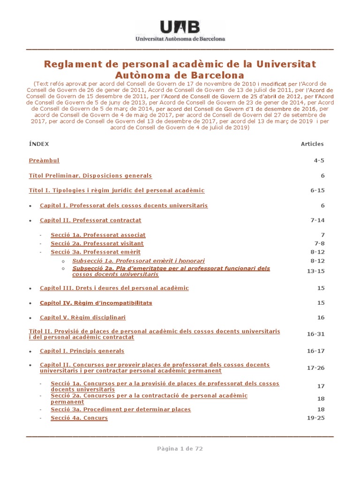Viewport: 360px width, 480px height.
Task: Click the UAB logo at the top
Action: click(180, 31)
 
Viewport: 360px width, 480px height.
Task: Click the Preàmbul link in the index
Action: click(44, 161)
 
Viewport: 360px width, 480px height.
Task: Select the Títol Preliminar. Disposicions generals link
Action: click(90, 176)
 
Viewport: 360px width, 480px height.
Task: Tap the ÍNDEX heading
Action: click(39, 144)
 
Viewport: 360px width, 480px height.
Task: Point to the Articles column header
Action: click(312, 144)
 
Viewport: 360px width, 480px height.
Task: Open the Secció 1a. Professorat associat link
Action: click(98, 235)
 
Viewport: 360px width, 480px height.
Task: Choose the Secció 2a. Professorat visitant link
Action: click(97, 244)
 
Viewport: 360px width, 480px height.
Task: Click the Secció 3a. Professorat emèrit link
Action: click(96, 252)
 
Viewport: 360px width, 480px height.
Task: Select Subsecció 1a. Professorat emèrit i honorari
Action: click(138, 261)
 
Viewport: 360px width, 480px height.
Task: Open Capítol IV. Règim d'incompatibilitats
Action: click(96, 303)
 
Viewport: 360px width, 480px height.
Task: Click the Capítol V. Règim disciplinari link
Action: click(82, 318)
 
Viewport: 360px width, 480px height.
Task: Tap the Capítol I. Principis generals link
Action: click(82, 351)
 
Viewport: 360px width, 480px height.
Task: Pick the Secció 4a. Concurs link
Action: click(79, 418)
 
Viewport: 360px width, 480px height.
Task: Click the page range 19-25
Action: click(315, 418)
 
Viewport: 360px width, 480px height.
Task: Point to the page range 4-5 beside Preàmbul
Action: click(319, 161)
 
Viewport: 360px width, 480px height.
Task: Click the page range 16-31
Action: click(315, 334)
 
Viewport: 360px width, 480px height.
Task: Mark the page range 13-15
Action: click(315, 271)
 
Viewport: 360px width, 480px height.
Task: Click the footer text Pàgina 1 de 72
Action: click(180, 449)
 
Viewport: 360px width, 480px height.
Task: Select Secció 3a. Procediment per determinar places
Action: click(120, 410)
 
